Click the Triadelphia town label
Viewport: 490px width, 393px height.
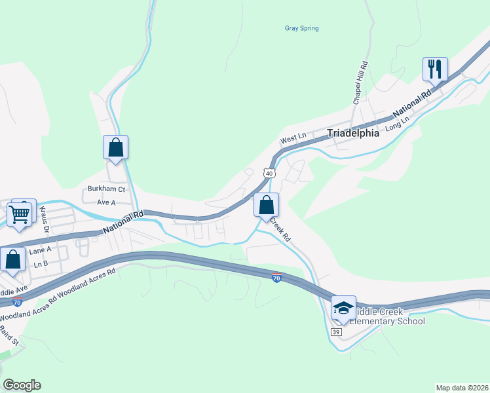[353, 133]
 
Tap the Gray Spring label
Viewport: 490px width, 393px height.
[301, 28]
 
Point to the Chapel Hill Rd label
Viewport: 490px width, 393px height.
[360, 83]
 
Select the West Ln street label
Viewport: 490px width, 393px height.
[293, 139]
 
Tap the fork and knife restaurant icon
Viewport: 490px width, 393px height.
[435, 68]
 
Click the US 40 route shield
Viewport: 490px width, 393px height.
[269, 173]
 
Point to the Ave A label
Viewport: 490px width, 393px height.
[106, 202]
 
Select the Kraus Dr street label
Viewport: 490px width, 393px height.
[45, 219]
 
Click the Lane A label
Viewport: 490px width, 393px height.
[40, 250]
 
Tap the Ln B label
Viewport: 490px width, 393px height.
[41, 264]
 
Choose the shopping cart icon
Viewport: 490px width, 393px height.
[20, 214]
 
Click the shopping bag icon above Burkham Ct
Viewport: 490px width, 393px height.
[116, 147]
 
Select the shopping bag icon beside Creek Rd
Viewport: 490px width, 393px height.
[267, 205]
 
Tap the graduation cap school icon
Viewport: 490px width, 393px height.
[343, 307]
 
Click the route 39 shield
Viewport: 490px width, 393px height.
[336, 332]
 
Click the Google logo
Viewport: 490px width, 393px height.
[22, 385]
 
